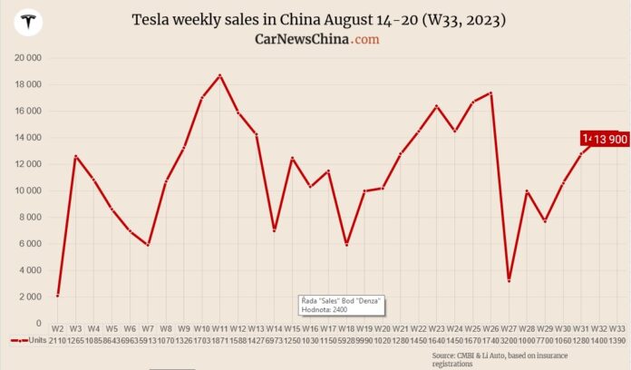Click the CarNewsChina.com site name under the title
click(x=316, y=39)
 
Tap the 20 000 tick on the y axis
click(x=27, y=58)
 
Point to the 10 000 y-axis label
click(x=27, y=190)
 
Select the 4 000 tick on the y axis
click(x=29, y=270)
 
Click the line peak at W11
click(x=219, y=75)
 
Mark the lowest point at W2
click(x=57, y=295)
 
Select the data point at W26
click(x=490, y=92)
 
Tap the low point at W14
click(x=274, y=230)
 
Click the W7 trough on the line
click(x=147, y=245)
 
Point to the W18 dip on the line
click(x=345, y=244)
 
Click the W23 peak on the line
click(x=436, y=106)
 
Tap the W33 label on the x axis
click(x=616, y=327)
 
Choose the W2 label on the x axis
click(x=57, y=327)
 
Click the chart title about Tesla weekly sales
click(x=317, y=19)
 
